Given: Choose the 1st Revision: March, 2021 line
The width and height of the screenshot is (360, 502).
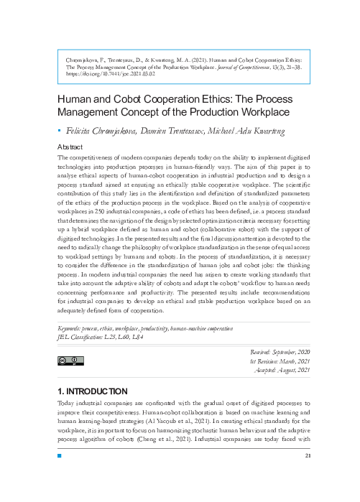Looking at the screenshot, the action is (280, 361).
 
